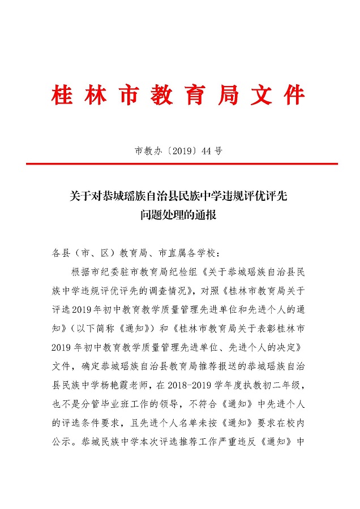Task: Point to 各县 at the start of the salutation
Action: tap(59, 253)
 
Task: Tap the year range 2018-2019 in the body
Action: tap(205, 386)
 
